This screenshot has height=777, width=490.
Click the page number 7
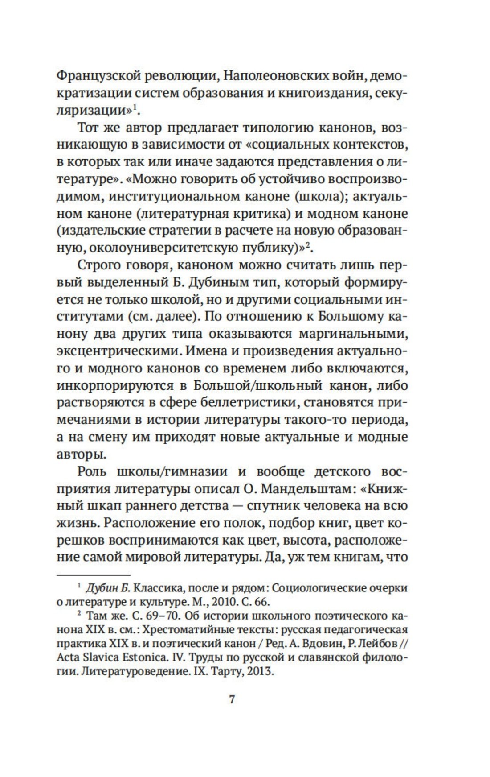232,699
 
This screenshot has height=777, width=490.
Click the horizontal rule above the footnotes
93,575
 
